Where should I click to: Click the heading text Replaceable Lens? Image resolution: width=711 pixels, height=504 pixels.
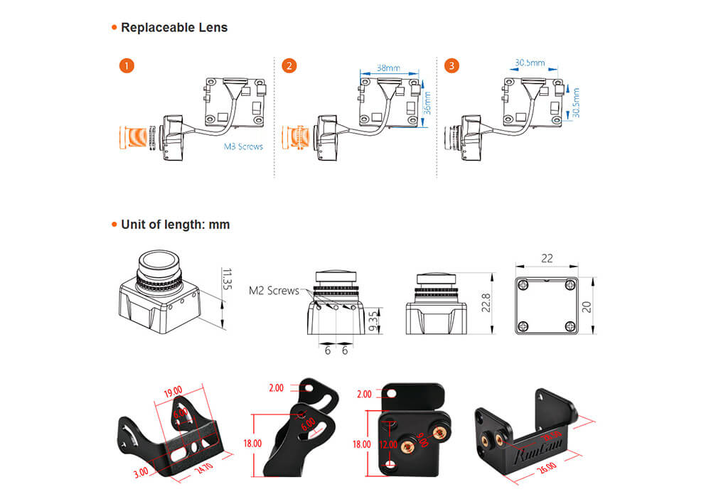point(174,28)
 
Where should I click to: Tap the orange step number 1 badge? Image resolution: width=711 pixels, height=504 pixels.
point(126,66)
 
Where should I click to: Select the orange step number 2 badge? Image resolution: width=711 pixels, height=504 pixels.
point(289,66)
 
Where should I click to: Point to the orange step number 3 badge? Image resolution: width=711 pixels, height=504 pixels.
point(451,66)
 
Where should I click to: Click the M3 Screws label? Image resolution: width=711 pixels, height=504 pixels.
point(243,146)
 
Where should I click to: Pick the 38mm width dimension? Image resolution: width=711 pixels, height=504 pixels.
point(387,68)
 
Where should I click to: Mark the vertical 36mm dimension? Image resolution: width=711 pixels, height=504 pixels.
point(427,103)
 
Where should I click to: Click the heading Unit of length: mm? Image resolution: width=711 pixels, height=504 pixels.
point(175,225)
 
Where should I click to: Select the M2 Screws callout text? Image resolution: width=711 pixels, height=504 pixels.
point(279,290)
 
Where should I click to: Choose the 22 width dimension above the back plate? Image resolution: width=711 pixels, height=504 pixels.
point(547,259)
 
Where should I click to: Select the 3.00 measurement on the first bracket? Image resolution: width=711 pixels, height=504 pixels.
point(141,471)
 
